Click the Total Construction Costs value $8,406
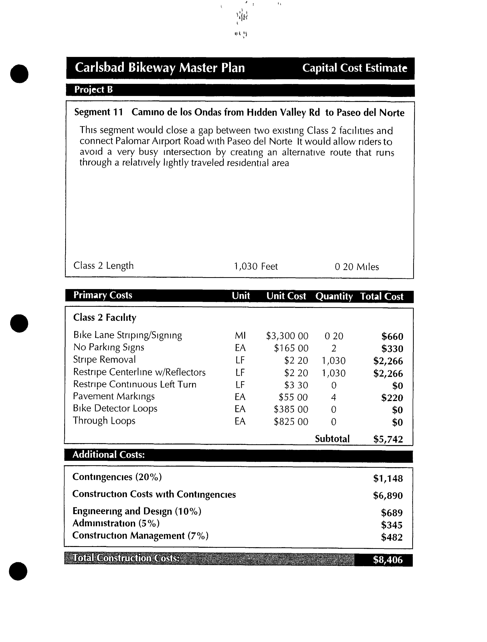[388, 559]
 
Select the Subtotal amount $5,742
[388, 439]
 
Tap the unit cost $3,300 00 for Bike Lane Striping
[287, 336]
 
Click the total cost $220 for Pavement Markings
[392, 398]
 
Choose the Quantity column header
[334, 296]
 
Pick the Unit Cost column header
[286, 296]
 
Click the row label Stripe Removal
[104, 360]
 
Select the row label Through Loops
[104, 421]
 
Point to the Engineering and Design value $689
[392, 513]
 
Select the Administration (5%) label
[116, 523]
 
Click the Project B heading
[93, 90]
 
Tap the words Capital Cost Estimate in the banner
[355, 68]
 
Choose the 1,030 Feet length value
[256, 266]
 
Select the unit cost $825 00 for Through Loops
[291, 421]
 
